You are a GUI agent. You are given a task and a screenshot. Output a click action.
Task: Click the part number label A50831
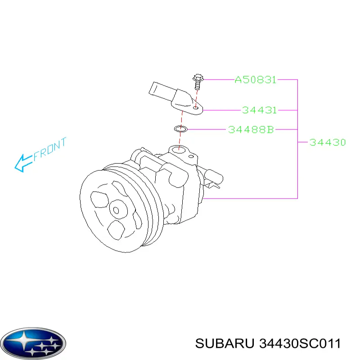point(255,80)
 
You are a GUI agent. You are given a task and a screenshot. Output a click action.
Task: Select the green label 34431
point(260,110)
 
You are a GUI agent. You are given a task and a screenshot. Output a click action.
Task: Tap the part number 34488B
point(251,130)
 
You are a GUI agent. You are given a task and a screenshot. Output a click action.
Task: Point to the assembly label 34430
point(328,143)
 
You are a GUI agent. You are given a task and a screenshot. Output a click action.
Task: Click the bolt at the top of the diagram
point(198,81)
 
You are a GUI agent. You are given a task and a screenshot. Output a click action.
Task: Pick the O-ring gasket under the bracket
point(181,129)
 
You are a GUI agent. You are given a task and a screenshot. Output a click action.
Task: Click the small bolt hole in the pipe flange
point(195,108)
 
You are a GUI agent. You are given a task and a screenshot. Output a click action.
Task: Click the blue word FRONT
point(50,149)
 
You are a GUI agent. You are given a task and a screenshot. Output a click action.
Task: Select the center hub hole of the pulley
point(116,210)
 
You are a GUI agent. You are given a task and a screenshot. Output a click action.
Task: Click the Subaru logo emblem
point(33,343)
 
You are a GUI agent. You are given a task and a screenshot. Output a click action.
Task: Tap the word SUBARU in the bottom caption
point(225,344)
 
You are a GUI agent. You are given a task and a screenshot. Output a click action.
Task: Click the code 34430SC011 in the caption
point(300,344)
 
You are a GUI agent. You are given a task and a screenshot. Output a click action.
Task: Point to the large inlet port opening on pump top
point(179,150)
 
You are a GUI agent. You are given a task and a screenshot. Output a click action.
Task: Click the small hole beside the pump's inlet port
point(191,157)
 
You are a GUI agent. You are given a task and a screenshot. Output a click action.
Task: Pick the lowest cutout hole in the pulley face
point(116,230)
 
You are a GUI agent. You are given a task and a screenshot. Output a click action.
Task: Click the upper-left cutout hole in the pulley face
point(99,199)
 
